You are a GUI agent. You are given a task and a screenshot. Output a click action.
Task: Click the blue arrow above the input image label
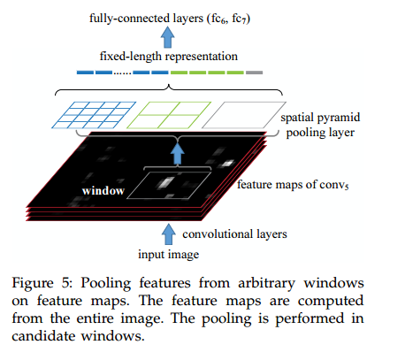169,234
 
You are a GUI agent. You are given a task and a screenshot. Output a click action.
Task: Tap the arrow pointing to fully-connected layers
167,37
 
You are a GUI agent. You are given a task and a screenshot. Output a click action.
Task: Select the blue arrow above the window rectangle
177,154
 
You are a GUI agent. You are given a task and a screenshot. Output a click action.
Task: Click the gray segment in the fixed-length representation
254,73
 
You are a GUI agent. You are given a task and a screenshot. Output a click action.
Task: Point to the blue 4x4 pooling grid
94,115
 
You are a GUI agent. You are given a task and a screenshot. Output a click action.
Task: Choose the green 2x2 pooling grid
169,115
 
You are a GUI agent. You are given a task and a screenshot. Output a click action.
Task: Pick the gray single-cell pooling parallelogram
244,115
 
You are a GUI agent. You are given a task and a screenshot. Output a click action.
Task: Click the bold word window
103,191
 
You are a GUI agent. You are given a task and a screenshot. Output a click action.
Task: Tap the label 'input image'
169,255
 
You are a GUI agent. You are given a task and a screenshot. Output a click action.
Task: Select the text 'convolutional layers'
234,234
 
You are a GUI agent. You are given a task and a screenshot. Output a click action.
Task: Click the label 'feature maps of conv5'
293,185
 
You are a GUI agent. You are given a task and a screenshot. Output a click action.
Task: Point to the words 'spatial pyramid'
320,118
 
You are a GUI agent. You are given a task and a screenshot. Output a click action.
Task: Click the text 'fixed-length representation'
169,57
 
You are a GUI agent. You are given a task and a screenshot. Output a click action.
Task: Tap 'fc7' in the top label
239,19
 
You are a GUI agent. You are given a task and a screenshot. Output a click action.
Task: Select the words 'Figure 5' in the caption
42,283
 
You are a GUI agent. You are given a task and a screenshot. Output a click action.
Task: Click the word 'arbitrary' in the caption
266,284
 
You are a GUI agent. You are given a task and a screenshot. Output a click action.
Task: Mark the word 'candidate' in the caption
43,336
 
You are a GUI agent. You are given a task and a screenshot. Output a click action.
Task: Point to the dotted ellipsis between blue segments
122,73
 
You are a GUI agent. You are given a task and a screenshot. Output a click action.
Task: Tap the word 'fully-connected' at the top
130,19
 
